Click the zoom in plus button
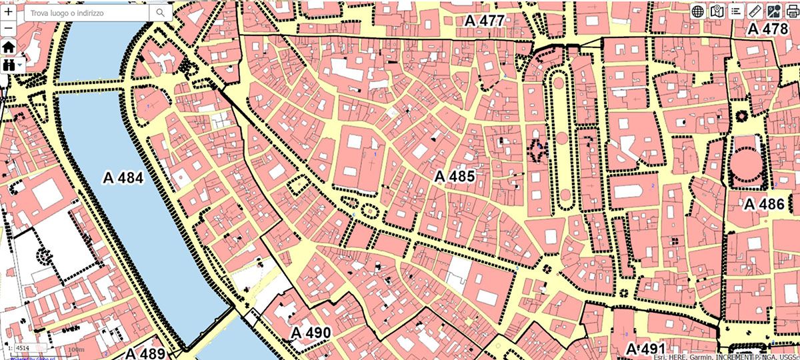click(8, 11)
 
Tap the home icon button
click(8, 47)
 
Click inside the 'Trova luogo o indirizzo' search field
click(83, 12)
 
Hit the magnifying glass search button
click(161, 12)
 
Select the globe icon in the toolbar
click(698, 11)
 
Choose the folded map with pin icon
click(717, 11)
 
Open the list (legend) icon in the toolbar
click(736, 11)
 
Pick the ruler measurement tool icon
click(755, 11)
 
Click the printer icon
click(792, 11)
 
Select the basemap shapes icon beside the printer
click(774, 11)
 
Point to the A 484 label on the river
click(123, 177)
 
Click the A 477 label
click(485, 21)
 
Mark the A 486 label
click(765, 205)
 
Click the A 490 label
click(311, 332)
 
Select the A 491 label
click(645, 349)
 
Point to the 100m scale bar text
click(75, 349)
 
